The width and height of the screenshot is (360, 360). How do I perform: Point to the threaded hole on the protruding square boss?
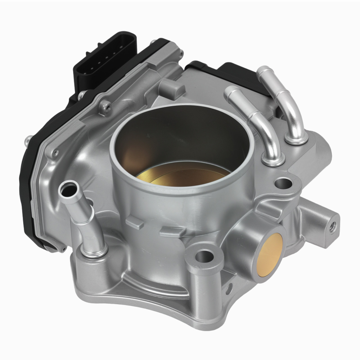(333, 226)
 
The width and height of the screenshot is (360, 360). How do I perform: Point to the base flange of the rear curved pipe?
(296, 139)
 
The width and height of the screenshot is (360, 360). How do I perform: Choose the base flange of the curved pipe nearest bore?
(273, 160)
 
